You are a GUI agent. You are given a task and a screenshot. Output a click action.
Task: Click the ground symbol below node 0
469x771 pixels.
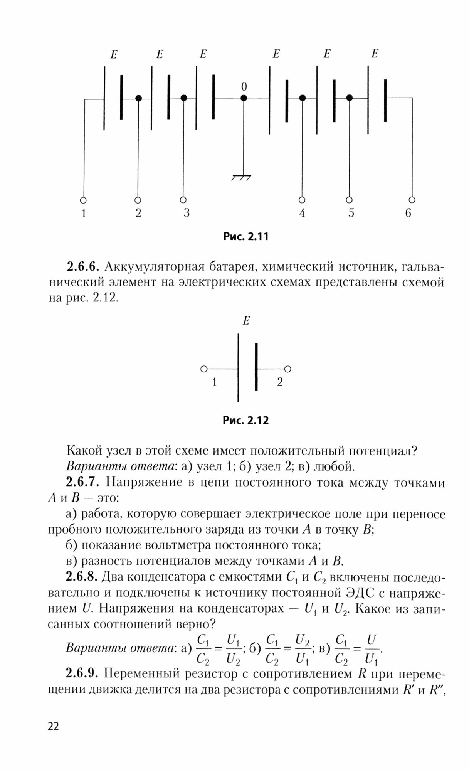(x=242, y=177)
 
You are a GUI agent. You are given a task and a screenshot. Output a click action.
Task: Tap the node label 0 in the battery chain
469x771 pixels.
(x=244, y=87)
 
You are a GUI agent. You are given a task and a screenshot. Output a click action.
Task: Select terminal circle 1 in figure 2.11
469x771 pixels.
(x=83, y=200)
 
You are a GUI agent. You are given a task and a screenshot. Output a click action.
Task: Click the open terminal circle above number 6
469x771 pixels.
(x=412, y=200)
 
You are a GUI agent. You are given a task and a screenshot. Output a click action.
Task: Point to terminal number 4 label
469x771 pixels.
(x=302, y=213)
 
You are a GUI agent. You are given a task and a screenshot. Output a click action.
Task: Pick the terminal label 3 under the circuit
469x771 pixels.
(x=187, y=213)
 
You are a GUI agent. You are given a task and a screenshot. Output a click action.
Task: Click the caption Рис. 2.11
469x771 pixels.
(x=245, y=236)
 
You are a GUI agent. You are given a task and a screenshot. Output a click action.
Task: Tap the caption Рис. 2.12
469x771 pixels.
(x=245, y=420)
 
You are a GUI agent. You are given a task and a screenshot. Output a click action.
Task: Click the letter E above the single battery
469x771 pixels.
(x=246, y=321)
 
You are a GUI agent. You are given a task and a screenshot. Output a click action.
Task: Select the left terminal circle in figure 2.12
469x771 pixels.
(x=204, y=369)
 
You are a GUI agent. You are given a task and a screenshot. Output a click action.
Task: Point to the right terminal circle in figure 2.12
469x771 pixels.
(x=288, y=369)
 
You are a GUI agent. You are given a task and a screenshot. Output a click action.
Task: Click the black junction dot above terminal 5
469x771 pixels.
(x=349, y=98)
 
